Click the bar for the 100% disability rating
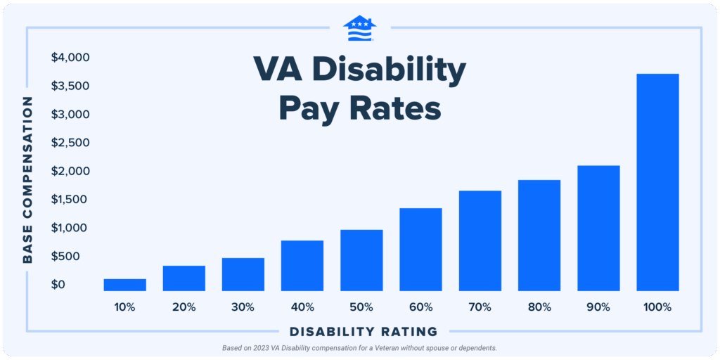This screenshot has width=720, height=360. coord(657,182)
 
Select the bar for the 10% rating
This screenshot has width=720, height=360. coord(124,285)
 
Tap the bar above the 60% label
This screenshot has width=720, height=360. coord(420,250)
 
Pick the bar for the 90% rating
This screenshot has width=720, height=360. coord(598,228)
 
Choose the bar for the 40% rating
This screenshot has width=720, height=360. coord(302,266)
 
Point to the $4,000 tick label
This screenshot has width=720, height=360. coord(70,58)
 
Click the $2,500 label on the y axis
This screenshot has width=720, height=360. coord(70,143)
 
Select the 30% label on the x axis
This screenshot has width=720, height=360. coord(243,307)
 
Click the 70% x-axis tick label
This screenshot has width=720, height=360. coord(480,307)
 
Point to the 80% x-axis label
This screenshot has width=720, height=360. coord(539,307)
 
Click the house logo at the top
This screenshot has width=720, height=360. coord(359,28)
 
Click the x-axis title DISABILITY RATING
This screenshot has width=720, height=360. coord(364,331)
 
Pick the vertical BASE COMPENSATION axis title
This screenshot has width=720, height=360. coord(28,180)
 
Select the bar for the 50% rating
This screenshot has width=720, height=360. coord(361,260)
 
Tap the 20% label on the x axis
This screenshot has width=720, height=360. coord(184,307)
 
